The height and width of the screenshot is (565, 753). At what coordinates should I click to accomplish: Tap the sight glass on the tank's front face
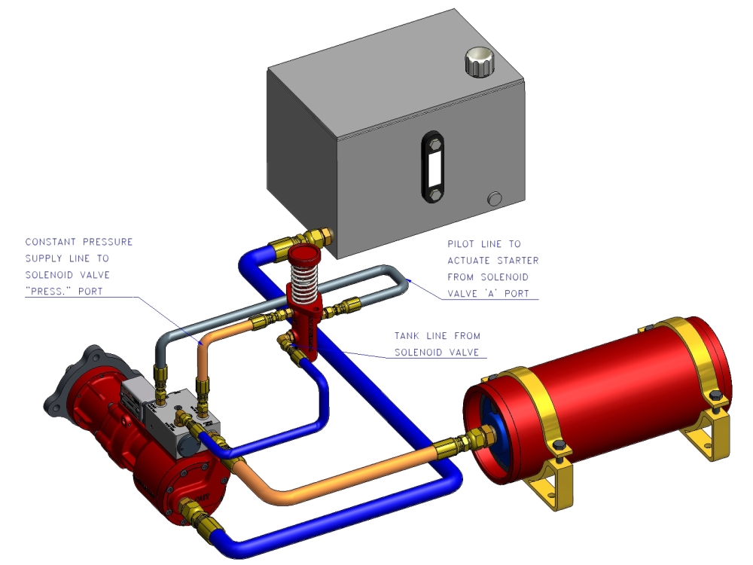click(434, 166)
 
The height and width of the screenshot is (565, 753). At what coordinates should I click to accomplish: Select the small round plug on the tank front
click(494, 199)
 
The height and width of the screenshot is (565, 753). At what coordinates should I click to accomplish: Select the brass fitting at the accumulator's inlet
click(455, 444)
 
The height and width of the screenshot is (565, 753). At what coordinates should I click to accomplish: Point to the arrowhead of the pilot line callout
click(407, 281)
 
